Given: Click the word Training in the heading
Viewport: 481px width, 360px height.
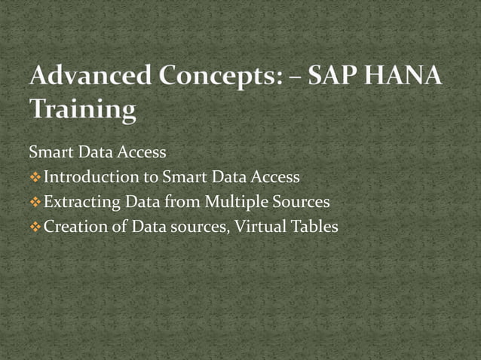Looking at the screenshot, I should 82,110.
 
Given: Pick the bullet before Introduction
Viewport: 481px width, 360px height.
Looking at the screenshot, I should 35,178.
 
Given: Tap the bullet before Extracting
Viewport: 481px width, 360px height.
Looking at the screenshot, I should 35,202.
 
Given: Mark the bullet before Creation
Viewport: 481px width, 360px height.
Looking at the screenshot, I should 35,226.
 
